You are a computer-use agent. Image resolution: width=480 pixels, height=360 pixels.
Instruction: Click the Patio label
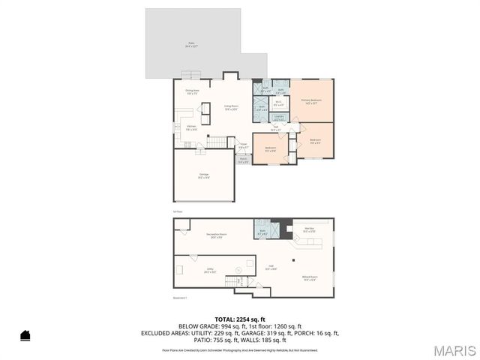pos(192,46)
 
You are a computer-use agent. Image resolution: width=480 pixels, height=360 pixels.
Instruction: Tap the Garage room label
pos(203,176)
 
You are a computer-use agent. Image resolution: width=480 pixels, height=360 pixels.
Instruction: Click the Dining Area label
pos(192,91)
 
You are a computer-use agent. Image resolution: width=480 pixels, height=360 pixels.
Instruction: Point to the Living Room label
pos(231,107)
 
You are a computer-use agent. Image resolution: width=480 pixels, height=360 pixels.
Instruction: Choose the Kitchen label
pos(192,127)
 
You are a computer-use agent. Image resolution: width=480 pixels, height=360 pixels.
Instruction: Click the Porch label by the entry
pos(244,160)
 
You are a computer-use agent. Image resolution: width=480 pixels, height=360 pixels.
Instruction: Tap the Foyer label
pos(243,145)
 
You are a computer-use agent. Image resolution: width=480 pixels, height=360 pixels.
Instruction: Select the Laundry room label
pos(278,117)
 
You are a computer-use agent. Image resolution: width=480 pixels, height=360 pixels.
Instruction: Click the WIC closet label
pos(278,103)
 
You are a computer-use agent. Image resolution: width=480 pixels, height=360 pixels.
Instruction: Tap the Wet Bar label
pos(309,229)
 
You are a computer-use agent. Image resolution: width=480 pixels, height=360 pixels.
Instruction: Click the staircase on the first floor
pos(217,142)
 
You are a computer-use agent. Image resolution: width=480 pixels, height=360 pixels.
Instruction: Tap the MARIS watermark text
pos(454,349)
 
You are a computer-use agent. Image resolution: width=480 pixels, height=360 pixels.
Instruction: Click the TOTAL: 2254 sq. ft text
pos(239,319)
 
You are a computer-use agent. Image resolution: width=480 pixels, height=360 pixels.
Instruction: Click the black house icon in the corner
pos(25,335)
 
